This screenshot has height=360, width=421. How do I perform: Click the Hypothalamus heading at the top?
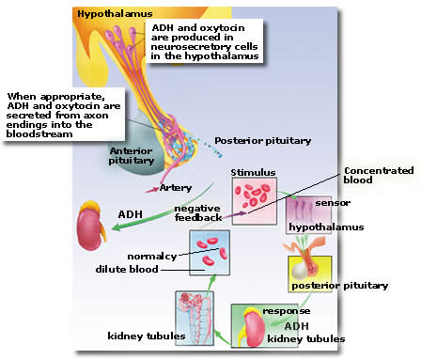(115, 14)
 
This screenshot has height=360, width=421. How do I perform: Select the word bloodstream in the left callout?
(39, 134)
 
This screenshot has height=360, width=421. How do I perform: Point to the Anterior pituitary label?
(132, 156)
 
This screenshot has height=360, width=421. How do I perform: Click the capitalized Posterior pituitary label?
(262, 141)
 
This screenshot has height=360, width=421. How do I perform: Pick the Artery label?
(176, 188)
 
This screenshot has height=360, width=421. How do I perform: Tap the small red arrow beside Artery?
(152, 190)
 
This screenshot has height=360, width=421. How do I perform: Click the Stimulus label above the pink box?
(253, 172)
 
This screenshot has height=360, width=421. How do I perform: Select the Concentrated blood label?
(379, 175)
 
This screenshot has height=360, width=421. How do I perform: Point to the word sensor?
(333, 203)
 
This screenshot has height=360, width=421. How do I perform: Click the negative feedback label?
(198, 213)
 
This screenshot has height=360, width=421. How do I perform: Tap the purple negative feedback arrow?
(235, 214)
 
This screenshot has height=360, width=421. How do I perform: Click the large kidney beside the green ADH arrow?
(91, 226)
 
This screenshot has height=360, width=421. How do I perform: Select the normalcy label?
(152, 257)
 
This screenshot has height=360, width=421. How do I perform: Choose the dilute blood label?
(127, 269)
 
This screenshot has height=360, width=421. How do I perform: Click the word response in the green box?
(287, 311)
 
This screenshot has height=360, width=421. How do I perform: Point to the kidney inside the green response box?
(253, 327)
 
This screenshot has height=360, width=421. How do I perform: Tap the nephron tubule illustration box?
(195, 319)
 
